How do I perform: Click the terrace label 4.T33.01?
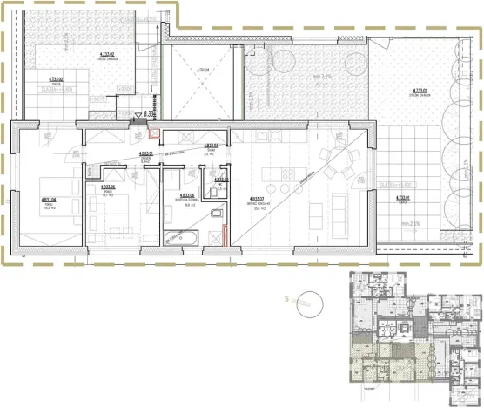click(x=402, y=198)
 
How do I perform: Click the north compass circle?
click(x=306, y=301)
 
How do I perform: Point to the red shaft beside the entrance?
click(x=154, y=134)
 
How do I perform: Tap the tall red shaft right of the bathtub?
click(x=225, y=235)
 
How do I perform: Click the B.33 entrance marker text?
click(x=149, y=113)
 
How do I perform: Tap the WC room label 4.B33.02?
click(x=221, y=180)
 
